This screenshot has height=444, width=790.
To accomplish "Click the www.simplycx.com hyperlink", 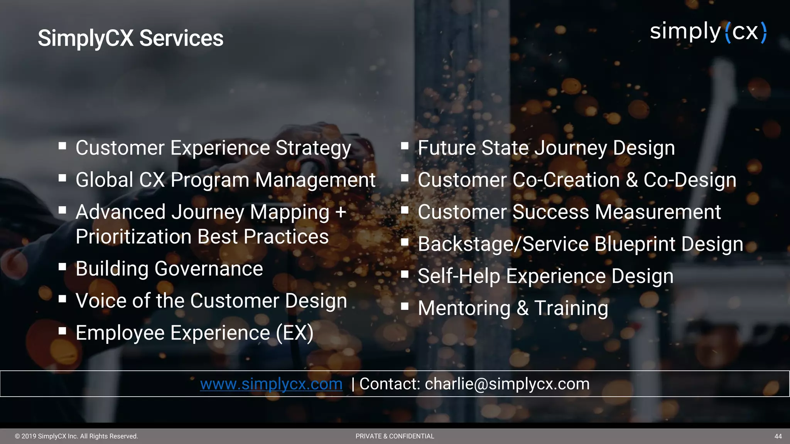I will [x=271, y=384].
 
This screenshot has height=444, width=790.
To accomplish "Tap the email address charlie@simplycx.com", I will [x=507, y=384].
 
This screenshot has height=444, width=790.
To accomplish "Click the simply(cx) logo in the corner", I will [x=708, y=32].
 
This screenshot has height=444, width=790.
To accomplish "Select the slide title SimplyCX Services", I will [x=130, y=38].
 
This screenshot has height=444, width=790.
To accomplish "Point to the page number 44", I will [x=778, y=436].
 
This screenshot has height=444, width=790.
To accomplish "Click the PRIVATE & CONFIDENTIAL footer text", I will [x=395, y=436].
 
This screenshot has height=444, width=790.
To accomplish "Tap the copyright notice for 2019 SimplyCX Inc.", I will [x=76, y=436].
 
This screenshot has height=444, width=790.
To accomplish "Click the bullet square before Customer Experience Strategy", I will [x=62, y=146].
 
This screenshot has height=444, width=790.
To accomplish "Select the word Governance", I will [x=209, y=269].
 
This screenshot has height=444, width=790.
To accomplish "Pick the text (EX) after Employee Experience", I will [x=295, y=333].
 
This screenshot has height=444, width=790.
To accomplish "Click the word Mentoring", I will [x=464, y=308].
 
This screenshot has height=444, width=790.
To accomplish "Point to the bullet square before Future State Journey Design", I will [x=405, y=146].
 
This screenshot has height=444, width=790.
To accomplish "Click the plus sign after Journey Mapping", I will [x=340, y=212].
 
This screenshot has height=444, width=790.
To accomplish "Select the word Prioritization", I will [x=133, y=237].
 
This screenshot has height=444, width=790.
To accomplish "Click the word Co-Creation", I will [x=566, y=180].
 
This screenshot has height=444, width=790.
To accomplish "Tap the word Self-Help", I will [x=459, y=276].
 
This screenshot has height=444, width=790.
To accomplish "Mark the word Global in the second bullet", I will [x=104, y=180].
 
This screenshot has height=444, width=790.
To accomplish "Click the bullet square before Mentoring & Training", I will [x=405, y=306].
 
